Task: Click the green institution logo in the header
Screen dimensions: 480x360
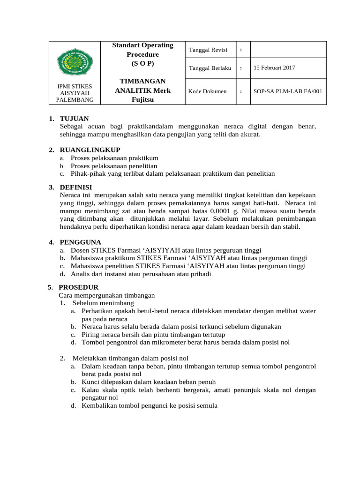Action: [x=75, y=62]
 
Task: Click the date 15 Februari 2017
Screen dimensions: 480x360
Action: [x=274, y=67]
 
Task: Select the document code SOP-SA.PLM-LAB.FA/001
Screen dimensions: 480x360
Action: [x=287, y=91]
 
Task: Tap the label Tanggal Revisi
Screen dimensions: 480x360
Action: [x=208, y=50]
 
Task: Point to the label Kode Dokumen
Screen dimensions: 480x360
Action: [x=207, y=91]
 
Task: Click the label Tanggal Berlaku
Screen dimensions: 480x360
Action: [x=210, y=68]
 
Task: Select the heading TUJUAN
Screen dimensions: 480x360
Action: [x=74, y=119]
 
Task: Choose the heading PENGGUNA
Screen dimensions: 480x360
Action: [x=80, y=242]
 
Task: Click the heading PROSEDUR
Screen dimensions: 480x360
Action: [x=78, y=287]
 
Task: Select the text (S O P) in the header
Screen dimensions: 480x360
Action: [x=142, y=63]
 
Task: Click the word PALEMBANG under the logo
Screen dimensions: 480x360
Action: [x=75, y=99]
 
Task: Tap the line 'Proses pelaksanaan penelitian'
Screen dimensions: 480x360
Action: [x=114, y=166]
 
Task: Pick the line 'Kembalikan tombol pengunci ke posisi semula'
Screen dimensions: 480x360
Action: [x=149, y=405]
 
